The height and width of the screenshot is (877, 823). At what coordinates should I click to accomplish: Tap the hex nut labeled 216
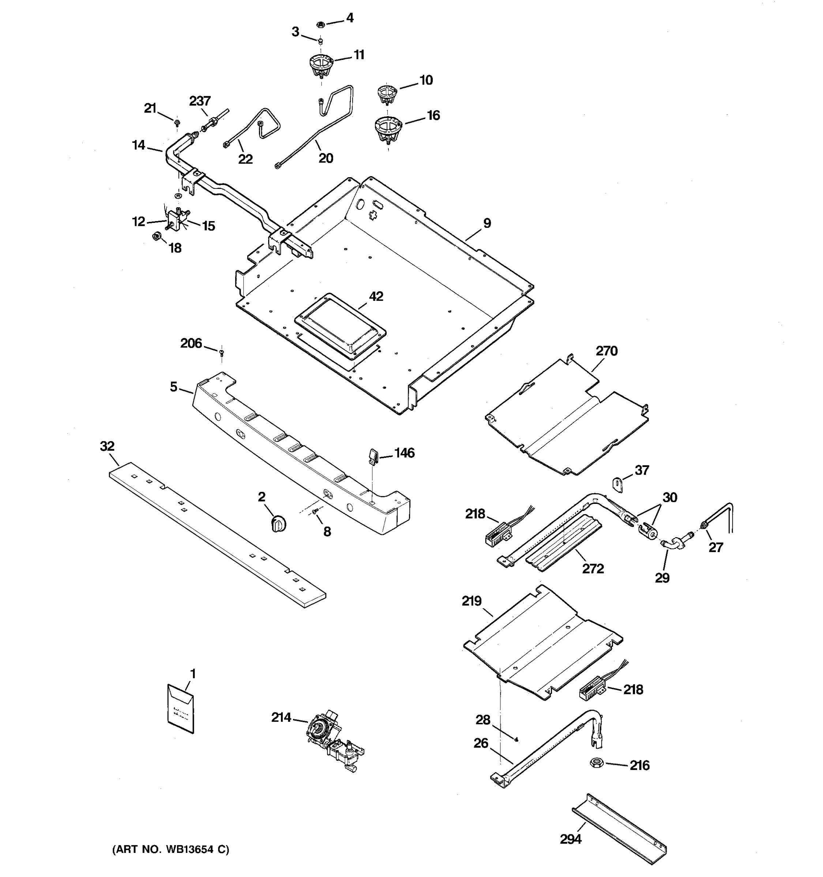click(597, 762)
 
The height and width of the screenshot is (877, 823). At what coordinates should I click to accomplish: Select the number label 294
click(571, 839)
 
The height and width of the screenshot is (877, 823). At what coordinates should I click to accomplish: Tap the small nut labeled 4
click(321, 24)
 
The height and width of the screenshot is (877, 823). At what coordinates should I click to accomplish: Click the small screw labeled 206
click(222, 352)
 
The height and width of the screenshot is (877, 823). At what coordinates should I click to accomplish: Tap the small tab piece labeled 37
click(617, 484)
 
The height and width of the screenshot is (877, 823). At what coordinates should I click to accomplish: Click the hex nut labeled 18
click(155, 236)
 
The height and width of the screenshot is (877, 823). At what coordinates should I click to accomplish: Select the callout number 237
click(200, 101)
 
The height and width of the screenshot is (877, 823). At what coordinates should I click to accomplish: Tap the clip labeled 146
click(373, 456)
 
